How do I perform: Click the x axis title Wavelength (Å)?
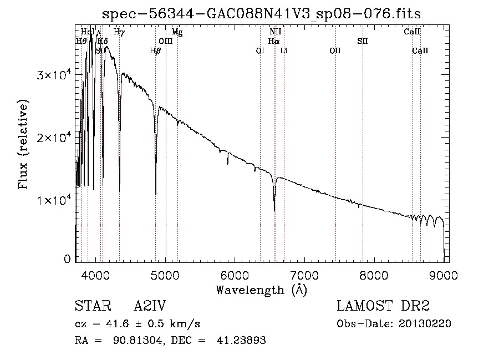261,290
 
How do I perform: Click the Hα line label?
273,41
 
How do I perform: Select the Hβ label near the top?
155,50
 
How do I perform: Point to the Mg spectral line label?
177,32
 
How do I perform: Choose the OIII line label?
166,41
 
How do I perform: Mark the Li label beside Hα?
284,50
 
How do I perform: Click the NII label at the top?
275,32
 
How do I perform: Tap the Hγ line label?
119,32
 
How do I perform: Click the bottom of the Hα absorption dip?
274,210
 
